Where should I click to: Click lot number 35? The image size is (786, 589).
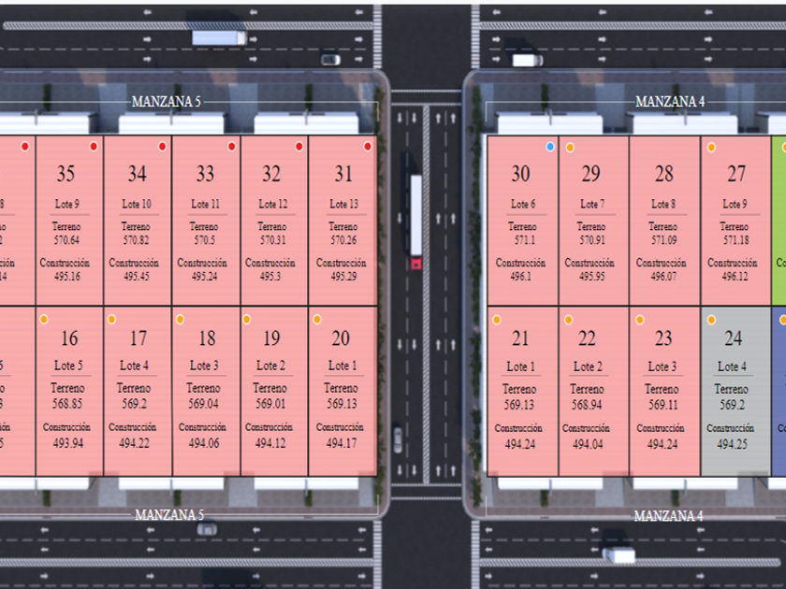point(65,174)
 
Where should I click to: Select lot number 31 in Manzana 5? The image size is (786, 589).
point(343,174)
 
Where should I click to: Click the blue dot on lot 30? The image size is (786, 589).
point(550,147)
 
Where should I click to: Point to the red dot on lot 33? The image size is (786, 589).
point(231,147)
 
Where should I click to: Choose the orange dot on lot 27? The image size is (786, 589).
point(711,148)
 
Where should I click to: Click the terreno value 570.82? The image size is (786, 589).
point(136,240)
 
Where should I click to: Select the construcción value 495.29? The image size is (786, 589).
point(342,277)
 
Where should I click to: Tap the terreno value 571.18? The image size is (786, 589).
point(735,240)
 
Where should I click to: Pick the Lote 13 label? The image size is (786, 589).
point(343,205)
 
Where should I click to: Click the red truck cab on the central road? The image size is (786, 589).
point(415,264)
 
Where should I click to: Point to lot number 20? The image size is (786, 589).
point(341,338)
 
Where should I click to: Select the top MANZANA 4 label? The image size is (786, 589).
point(670,101)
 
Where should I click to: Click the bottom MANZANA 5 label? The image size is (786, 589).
point(168,515)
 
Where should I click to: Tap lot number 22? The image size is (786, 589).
point(587,338)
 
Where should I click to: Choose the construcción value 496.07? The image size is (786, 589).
point(662,277)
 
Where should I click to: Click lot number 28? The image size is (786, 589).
point(663,174)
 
